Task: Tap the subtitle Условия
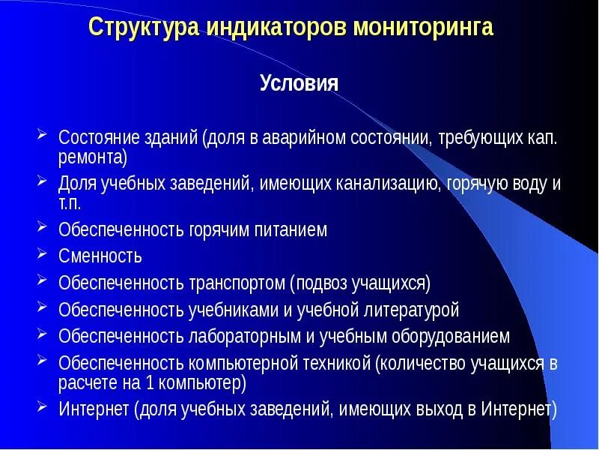(299, 82)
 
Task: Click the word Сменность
(100, 256)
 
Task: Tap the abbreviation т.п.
(70, 202)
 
